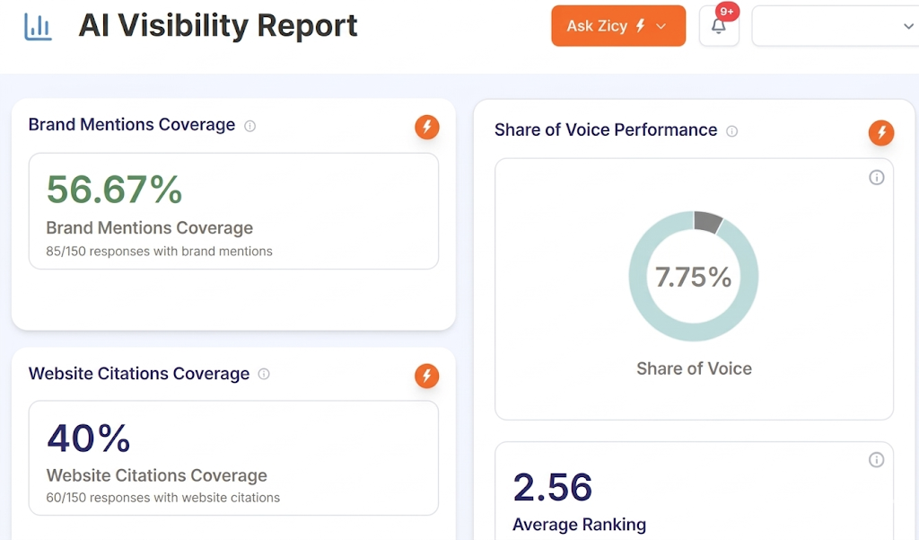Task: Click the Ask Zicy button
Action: tap(617, 26)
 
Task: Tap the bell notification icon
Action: tap(718, 27)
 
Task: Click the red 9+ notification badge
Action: tap(727, 12)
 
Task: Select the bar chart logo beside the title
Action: tap(38, 27)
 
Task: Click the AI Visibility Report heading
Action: tap(218, 26)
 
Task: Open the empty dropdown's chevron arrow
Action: tap(907, 27)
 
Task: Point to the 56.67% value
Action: tap(114, 190)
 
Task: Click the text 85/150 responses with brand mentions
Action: tap(159, 252)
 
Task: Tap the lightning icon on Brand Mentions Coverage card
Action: tap(427, 128)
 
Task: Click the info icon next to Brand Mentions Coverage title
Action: tap(250, 126)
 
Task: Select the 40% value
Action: tap(88, 438)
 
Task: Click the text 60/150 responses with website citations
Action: tap(162, 498)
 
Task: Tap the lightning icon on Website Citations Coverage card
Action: tap(427, 376)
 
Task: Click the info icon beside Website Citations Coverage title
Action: tap(264, 374)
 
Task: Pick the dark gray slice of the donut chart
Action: tap(707, 222)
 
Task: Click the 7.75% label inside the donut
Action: tap(693, 277)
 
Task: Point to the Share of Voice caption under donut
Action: tap(694, 368)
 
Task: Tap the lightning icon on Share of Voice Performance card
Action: tap(881, 133)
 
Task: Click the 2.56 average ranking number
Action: tap(552, 487)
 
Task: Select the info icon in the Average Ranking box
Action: tap(876, 460)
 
